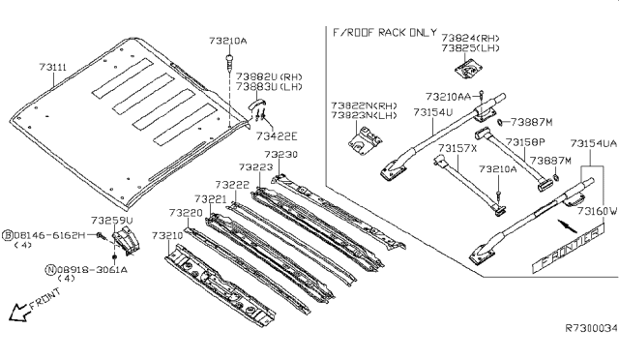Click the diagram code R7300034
click(x=590, y=328)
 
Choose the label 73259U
click(x=113, y=221)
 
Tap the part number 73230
click(x=281, y=155)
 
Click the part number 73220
click(x=185, y=212)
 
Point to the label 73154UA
click(x=593, y=143)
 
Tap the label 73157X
click(x=457, y=148)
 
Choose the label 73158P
click(x=526, y=141)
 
